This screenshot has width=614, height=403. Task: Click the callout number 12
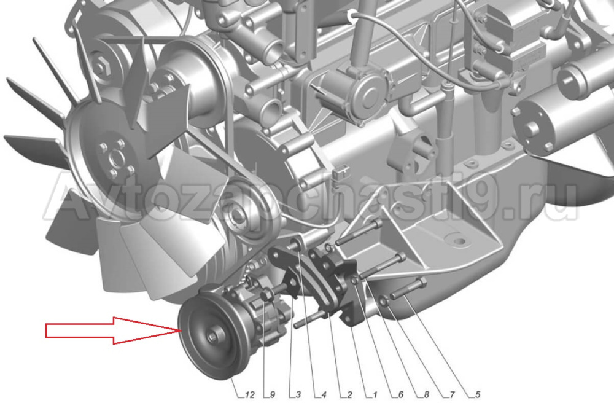tap(249, 395)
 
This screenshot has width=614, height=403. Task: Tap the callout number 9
tap(273, 395)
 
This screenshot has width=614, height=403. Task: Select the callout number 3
tap(298, 395)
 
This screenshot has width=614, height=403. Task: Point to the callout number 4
tap(324, 395)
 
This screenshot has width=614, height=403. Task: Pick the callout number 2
tap(349, 395)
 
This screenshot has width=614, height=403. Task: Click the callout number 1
tap(375, 395)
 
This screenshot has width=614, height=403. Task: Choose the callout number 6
tap(400, 395)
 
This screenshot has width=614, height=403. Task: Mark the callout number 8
tap(427, 395)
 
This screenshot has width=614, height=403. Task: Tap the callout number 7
tap(452, 395)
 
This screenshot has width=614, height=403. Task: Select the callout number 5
tap(478, 395)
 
